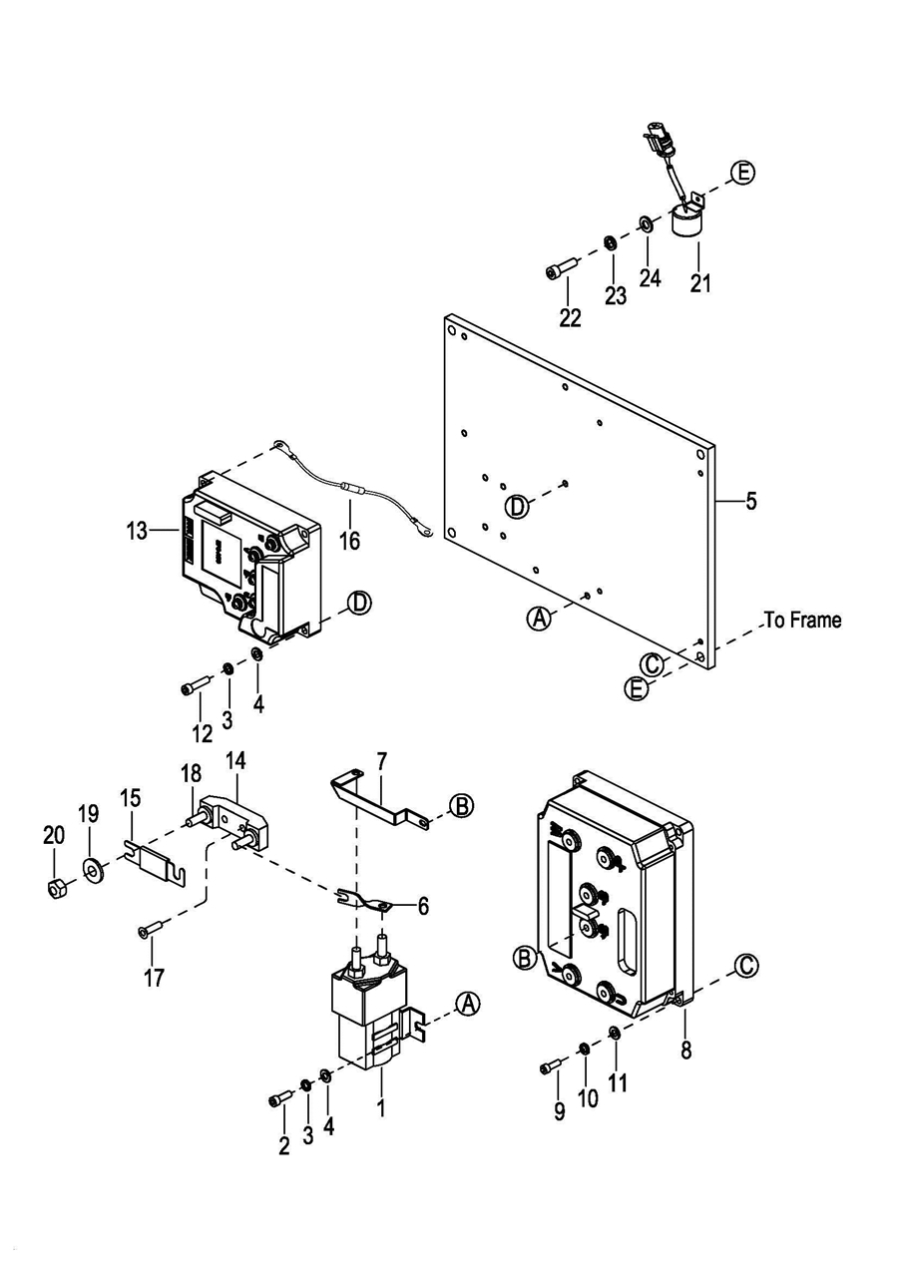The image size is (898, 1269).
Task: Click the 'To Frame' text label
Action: point(803,620)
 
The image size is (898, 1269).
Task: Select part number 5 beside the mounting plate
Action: point(750,501)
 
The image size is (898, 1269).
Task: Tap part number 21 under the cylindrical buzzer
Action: point(700,282)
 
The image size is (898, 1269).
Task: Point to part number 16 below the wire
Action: point(350,541)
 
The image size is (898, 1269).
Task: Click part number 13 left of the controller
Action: point(137,531)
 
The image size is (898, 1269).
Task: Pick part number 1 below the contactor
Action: point(381,1107)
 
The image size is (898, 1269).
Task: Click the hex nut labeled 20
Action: point(56,890)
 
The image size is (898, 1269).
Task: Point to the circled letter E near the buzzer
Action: point(742,172)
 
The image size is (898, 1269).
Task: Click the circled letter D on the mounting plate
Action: point(518,506)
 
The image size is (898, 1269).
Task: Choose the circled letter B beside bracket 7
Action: point(462,805)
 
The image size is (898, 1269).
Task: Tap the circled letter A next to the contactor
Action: point(468,1004)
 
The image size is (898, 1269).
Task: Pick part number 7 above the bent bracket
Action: point(381,762)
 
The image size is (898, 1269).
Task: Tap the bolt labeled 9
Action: point(550,1065)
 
